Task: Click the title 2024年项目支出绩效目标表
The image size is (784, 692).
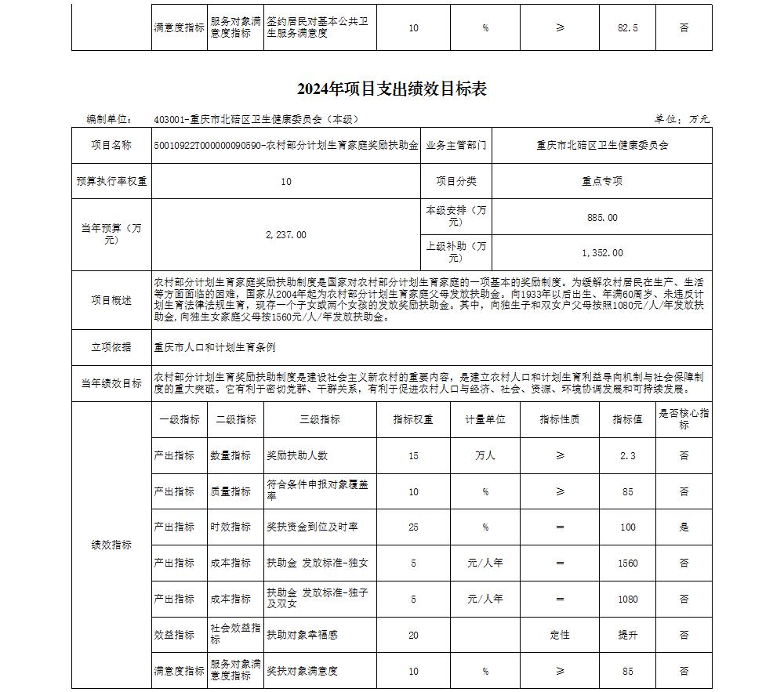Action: click(392, 89)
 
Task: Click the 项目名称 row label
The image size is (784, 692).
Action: click(111, 145)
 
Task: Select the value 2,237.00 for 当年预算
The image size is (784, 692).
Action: click(286, 234)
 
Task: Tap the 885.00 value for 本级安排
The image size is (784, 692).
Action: click(602, 217)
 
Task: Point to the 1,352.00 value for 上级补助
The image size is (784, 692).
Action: click(602, 252)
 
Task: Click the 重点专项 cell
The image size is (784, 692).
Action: click(602, 181)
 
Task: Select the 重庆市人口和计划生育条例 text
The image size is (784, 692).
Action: click(215, 347)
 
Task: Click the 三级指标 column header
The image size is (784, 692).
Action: click(320, 419)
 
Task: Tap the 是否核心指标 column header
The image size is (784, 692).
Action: click(684, 419)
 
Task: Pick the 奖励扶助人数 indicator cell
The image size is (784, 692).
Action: click(297, 455)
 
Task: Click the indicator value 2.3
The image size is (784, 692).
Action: click(627, 455)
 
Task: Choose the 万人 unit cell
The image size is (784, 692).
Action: click(485, 455)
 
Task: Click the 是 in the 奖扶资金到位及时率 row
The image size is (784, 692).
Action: click(684, 527)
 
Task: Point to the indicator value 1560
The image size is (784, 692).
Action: click(627, 563)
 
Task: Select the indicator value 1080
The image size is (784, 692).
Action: click(627, 599)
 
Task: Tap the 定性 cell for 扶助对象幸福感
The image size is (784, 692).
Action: click(560, 635)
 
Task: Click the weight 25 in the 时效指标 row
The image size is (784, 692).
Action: click(413, 527)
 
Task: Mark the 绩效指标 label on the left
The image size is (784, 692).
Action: click(111, 545)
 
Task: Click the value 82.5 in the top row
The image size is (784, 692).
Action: click(627, 27)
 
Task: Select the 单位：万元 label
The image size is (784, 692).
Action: click(681, 119)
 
